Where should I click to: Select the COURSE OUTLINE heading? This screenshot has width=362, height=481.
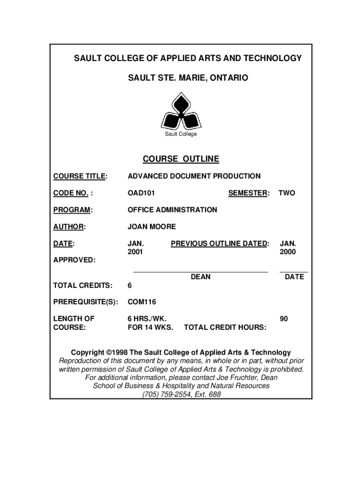click(181, 159)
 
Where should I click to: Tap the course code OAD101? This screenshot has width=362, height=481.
click(142, 193)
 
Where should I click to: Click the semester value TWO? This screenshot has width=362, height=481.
click(287, 193)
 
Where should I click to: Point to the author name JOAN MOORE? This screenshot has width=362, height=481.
click(152, 227)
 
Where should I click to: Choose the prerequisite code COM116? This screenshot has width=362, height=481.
click(142, 302)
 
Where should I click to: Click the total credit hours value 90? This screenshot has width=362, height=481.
click(283, 319)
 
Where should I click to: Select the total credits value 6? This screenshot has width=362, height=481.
click(130, 286)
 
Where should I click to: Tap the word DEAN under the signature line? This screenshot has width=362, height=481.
click(201, 277)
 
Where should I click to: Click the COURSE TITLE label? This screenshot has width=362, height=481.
click(80, 176)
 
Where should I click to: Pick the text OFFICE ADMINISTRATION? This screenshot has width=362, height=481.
click(173, 210)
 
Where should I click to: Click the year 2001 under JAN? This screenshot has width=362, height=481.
click(135, 252)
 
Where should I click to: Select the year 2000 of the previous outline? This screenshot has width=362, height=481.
click(288, 252)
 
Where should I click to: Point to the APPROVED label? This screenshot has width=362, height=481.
click(74, 260)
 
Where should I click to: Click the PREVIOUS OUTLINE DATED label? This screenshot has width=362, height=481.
click(220, 244)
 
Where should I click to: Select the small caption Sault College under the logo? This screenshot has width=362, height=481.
click(181, 134)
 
